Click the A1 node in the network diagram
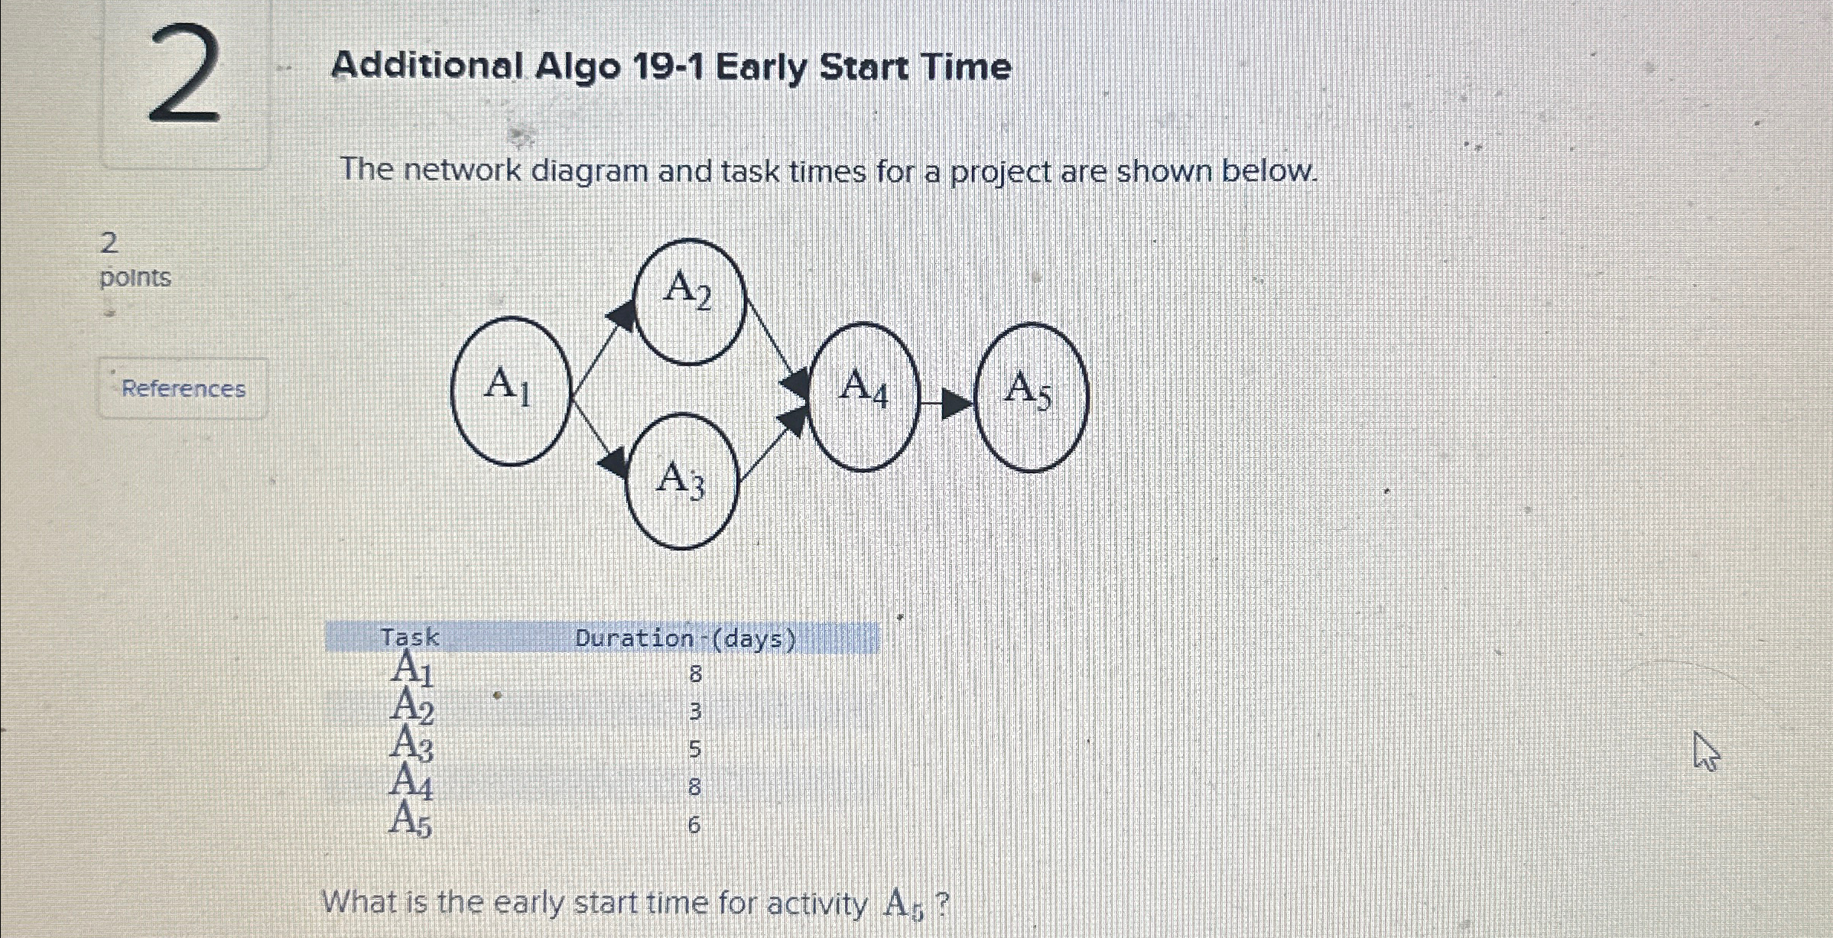(x=511, y=391)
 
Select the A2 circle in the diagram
(x=689, y=300)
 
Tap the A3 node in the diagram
(x=682, y=481)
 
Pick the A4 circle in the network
(x=863, y=396)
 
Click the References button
(x=184, y=388)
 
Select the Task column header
(x=410, y=637)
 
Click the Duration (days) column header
(x=685, y=638)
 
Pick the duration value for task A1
(x=694, y=674)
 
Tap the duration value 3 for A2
(x=694, y=712)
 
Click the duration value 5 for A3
(x=694, y=749)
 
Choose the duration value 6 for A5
(x=694, y=825)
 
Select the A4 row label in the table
(x=411, y=781)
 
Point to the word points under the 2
(x=135, y=277)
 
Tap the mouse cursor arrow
(x=1705, y=751)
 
